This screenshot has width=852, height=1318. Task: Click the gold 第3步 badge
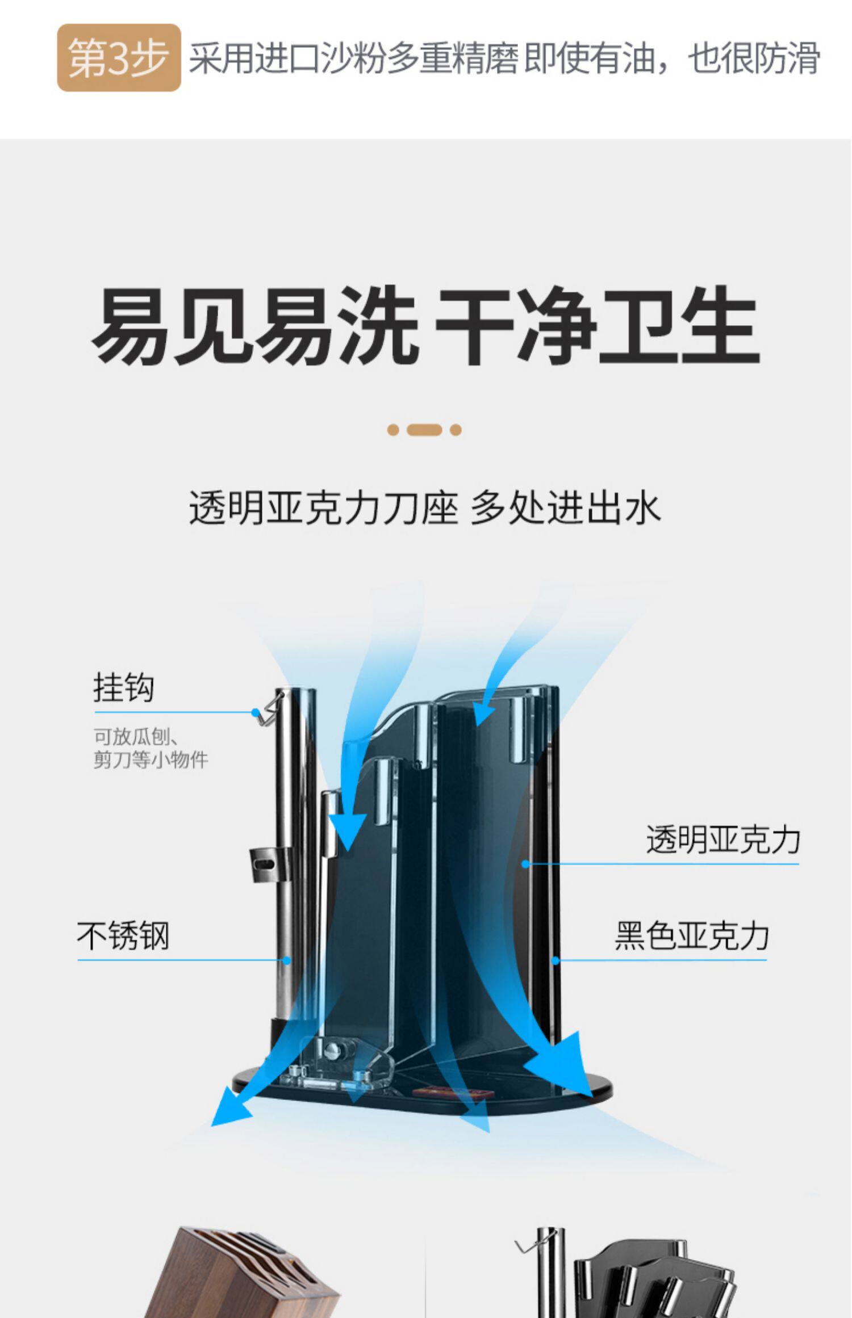pyautogui.click(x=119, y=57)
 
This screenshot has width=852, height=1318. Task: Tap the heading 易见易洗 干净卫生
pyautogui.click(x=425, y=326)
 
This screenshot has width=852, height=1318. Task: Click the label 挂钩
pyautogui.click(x=124, y=688)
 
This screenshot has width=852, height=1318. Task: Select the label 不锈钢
pyautogui.click(x=123, y=936)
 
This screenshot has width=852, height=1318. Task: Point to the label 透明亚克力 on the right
pyautogui.click(x=722, y=840)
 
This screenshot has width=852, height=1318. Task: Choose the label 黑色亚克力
pyautogui.click(x=691, y=936)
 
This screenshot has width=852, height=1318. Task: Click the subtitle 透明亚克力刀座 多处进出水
pyautogui.click(x=425, y=507)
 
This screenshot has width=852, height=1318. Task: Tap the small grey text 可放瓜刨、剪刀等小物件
pyautogui.click(x=151, y=749)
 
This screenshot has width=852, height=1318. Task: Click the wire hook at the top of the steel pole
pyautogui.click(x=270, y=710)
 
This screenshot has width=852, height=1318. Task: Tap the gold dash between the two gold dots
pyautogui.click(x=424, y=430)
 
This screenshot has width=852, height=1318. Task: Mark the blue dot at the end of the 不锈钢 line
pyautogui.click(x=287, y=960)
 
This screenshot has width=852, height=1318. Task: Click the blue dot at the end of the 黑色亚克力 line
pyautogui.click(x=556, y=960)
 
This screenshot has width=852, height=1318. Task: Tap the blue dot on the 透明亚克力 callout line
pyautogui.click(x=525, y=864)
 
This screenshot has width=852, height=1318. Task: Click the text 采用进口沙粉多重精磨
pyautogui.click(x=352, y=58)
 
